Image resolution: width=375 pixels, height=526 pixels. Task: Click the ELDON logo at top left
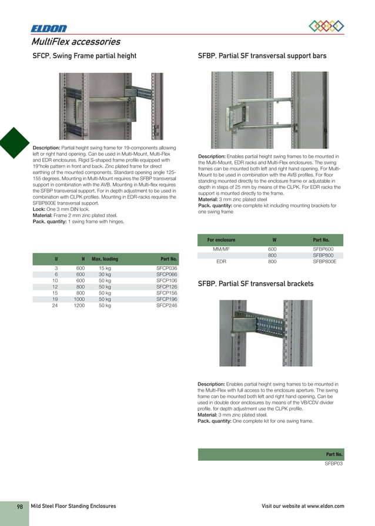[49, 28]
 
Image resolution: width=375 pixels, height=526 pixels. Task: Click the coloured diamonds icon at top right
[326, 25]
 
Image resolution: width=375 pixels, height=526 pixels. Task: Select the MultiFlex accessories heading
[76, 42]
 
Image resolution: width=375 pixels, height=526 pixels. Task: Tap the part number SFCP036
[167, 268]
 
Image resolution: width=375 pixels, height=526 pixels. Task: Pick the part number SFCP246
[167, 306]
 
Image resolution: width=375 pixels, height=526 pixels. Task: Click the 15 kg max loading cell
[105, 268]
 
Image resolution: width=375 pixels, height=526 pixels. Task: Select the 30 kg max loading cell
[105, 274]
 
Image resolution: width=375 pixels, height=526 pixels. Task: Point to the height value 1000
[79, 299]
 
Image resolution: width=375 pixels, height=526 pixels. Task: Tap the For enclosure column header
[222, 240]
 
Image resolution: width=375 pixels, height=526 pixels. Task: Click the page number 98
[19, 506]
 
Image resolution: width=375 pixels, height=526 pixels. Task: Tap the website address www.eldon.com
[325, 506]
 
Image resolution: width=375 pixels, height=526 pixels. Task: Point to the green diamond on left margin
[13, 144]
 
